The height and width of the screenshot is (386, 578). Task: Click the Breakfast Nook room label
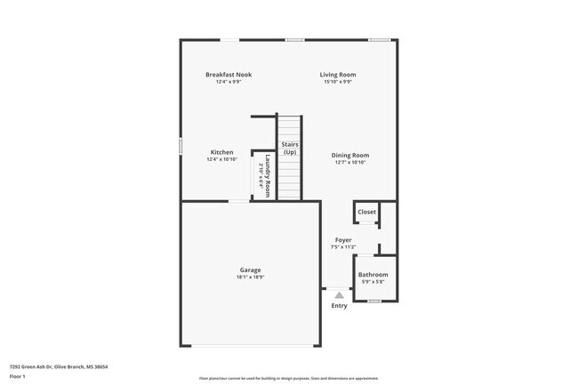(229, 75)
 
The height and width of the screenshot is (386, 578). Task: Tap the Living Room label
(337, 75)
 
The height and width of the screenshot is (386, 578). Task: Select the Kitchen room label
(221, 152)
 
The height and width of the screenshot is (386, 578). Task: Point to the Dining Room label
(349, 155)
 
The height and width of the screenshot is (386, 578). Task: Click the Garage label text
(250, 269)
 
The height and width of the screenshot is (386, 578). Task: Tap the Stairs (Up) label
(289, 148)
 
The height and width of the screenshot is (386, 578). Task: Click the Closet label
(366, 212)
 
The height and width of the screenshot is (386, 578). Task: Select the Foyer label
(342, 240)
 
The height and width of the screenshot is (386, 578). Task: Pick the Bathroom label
(373, 275)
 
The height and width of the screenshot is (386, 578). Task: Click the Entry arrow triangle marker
(339, 293)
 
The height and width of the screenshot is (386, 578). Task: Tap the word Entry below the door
(339, 306)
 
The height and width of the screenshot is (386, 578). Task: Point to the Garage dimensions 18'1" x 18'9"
(250, 277)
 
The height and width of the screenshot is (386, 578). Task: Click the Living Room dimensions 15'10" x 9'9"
(337, 82)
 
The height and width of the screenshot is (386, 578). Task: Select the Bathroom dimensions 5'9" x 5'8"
(373, 282)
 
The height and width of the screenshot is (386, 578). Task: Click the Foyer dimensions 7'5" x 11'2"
(342, 247)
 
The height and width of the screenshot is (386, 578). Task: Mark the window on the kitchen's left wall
(181, 145)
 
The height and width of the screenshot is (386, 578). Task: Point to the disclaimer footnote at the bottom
(288, 378)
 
